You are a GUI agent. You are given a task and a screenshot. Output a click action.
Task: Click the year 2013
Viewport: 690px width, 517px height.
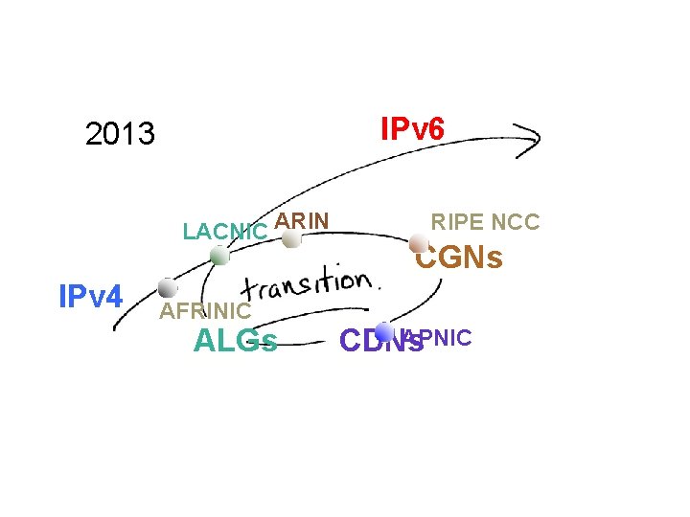coord(120,134)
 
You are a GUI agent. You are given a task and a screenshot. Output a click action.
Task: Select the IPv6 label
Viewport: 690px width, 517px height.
coord(412,128)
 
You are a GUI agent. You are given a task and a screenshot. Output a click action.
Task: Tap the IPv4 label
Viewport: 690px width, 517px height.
coord(90,297)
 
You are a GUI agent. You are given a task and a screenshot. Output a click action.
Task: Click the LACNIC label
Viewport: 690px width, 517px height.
coord(225,232)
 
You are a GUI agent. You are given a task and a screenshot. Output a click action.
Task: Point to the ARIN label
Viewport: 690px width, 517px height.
coord(302,221)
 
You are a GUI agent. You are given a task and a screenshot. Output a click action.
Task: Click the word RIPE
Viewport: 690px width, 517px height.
coord(457,222)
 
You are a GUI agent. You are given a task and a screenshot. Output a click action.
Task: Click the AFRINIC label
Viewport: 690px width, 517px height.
coord(205,310)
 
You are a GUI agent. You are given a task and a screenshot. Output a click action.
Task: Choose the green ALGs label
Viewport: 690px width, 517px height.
coord(236,340)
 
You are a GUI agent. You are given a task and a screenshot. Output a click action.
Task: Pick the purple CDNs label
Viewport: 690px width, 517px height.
coord(380,341)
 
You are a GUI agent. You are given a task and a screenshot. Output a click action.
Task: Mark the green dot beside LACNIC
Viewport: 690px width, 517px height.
coord(219,256)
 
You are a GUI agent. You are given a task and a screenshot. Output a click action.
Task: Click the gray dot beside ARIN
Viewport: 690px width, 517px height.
coord(291,239)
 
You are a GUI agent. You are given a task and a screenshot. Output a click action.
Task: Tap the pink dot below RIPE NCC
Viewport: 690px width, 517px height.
coord(418,243)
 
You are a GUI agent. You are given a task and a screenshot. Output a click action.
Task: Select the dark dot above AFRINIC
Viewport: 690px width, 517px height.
coord(168,287)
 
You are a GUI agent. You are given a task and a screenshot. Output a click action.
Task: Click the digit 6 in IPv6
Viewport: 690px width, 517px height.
coord(435,128)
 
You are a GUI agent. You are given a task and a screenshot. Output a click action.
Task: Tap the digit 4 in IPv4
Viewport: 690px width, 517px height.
coord(114,297)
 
